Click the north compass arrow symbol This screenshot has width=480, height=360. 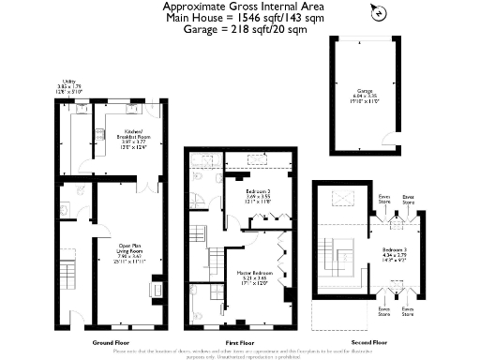[376, 12]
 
